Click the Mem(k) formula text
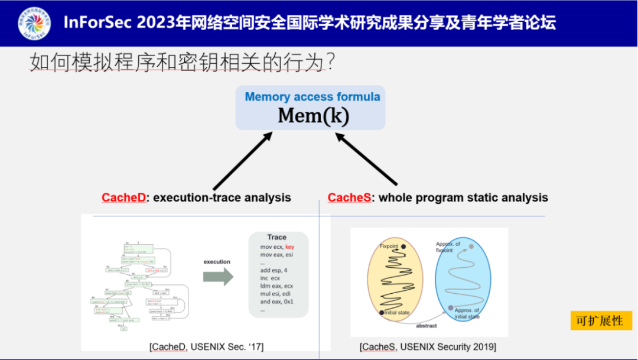pyautogui.click(x=313, y=115)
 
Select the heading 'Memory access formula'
pyautogui.click(x=313, y=96)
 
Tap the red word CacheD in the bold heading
pyautogui.click(x=123, y=197)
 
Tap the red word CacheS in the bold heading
pyautogui.click(x=349, y=197)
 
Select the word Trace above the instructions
pyautogui.click(x=276, y=237)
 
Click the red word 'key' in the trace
pyautogui.click(x=289, y=247)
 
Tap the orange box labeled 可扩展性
pyautogui.click(x=601, y=320)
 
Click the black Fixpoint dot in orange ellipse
pyautogui.click(x=403, y=247)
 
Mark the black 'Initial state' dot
pyautogui.click(x=382, y=312)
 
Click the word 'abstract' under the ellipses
pyautogui.click(x=427, y=326)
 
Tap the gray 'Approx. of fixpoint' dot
pyautogui.click(x=471, y=247)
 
